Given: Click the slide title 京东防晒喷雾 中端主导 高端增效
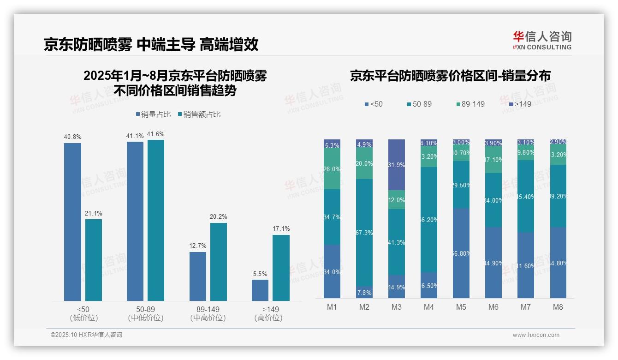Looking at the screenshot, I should [151, 44].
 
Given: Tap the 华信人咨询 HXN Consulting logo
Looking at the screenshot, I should [542, 40].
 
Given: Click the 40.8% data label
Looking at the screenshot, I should [72, 137].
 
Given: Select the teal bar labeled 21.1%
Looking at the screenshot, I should [94, 260].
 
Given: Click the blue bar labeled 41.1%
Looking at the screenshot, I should [135, 221].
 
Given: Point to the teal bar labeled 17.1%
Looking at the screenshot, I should [281, 268].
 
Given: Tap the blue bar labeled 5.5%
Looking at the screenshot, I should [260, 290].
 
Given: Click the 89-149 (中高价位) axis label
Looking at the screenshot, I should [208, 313].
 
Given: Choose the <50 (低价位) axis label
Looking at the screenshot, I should [83, 313].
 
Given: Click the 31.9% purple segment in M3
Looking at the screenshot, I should [397, 164].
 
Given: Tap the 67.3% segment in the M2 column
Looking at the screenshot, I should [364, 233].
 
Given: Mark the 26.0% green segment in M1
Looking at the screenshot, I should [332, 169].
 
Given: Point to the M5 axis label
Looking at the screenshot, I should [461, 307].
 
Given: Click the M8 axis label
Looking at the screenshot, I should [558, 307].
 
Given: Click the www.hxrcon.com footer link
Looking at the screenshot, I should [536, 335].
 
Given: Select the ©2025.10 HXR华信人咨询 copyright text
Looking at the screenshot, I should [86, 335].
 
